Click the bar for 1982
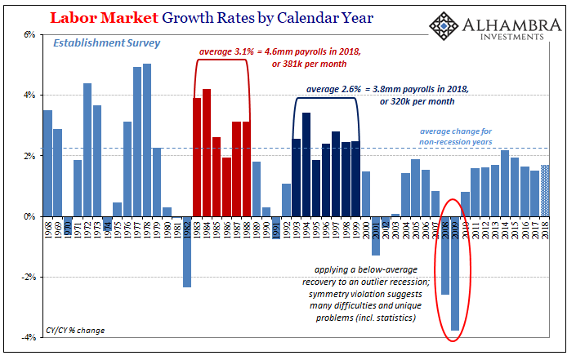pyautogui.click(x=186, y=251)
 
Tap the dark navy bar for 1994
pyautogui.click(x=306, y=164)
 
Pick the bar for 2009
pyautogui.click(x=455, y=273)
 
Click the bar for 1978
pyautogui.click(x=147, y=140)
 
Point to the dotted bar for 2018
pyautogui.click(x=545, y=190)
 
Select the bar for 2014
pyautogui.click(x=505, y=183)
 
